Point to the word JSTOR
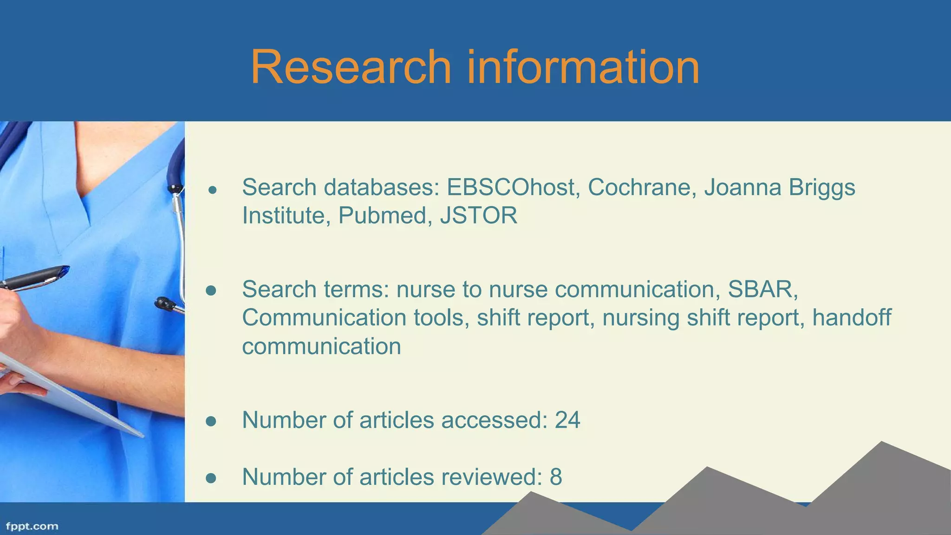pos(478,216)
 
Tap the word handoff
pos(852,318)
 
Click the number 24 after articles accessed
pos(567,420)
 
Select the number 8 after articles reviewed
pos(556,477)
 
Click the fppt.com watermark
pos(32,527)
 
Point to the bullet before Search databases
pos(213,190)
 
